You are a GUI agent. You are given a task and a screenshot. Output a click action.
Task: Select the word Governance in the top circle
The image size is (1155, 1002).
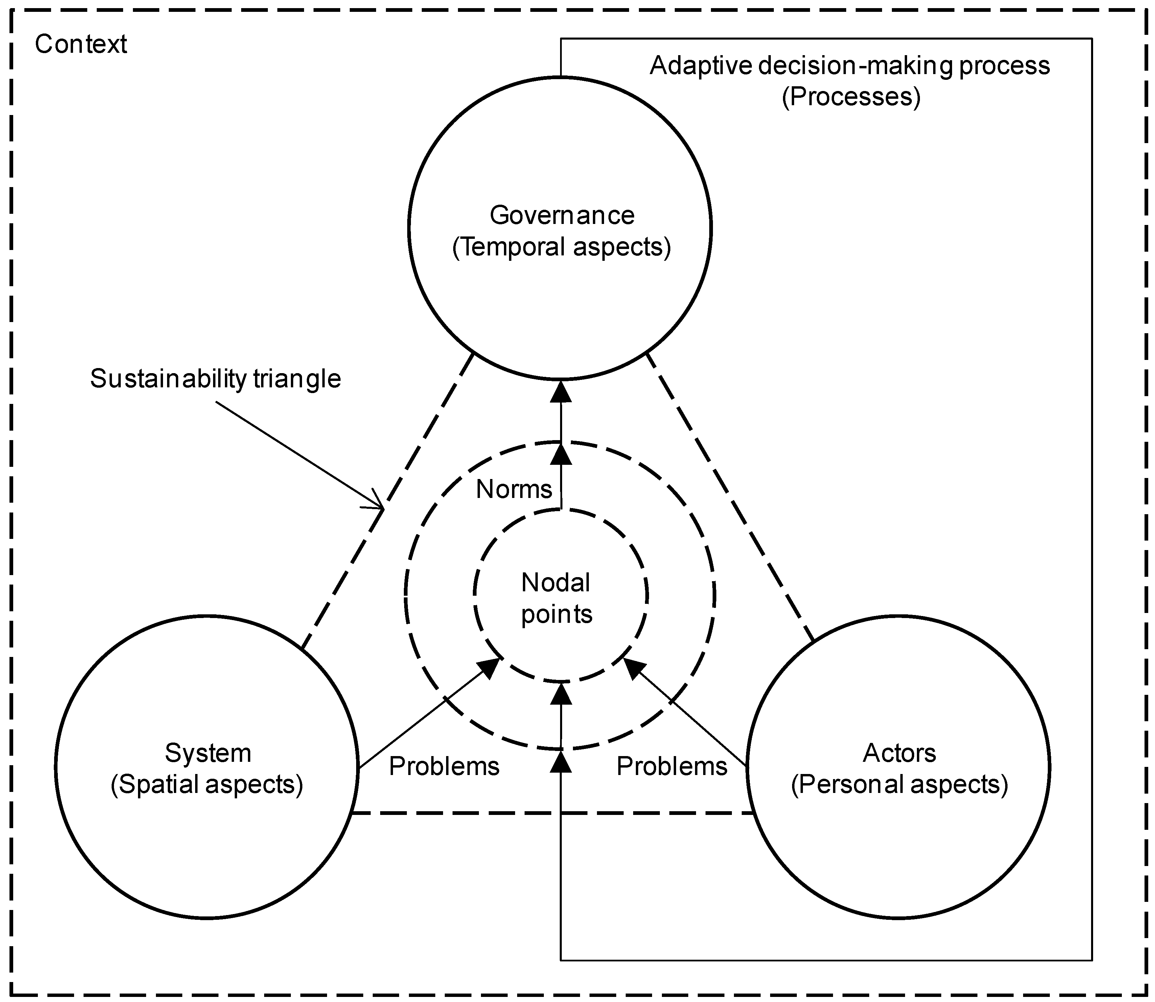562,215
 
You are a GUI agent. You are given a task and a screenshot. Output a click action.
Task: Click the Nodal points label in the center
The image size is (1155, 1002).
556,598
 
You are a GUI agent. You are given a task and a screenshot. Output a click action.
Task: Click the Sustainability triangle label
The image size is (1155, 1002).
215,379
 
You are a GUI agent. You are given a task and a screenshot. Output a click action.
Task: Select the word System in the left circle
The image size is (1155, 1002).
208,753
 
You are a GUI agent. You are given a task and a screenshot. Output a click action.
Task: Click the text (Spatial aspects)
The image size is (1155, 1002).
207,784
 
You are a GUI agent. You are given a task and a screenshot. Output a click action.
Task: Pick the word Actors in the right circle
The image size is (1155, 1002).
899,753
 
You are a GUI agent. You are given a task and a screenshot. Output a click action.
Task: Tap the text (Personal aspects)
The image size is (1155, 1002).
899,784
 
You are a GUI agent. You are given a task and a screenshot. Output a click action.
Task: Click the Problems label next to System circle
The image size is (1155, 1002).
444,766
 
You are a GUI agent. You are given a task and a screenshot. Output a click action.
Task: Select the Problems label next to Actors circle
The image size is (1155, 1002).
671,766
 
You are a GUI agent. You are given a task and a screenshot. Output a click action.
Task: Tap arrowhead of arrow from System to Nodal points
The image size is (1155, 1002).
489,668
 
